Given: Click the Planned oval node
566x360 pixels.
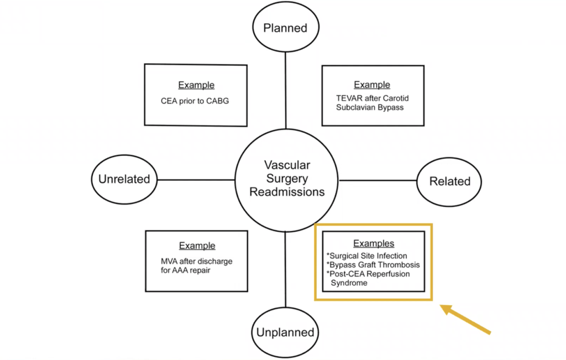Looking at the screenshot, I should point(285,28).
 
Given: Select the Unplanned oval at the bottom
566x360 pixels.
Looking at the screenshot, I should point(285,332).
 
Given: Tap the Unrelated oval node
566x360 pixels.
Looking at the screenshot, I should point(124,179).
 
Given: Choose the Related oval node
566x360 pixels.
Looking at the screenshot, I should point(450,181).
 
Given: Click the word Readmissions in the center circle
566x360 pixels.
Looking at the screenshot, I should point(286,192).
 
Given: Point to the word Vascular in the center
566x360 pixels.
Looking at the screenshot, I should point(287,165).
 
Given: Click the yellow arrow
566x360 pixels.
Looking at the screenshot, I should point(465,319).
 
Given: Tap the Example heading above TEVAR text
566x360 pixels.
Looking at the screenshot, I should point(372,85).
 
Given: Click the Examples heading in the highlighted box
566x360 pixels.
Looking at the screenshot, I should point(374,243).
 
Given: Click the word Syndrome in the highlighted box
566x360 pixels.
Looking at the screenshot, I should point(349,283).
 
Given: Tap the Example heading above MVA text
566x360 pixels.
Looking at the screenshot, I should point(197,246).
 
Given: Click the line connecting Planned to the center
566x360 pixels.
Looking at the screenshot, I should point(285,88).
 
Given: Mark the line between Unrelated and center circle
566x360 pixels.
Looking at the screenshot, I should point(196,180).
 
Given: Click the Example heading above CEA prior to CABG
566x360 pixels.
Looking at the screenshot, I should point(196,85).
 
